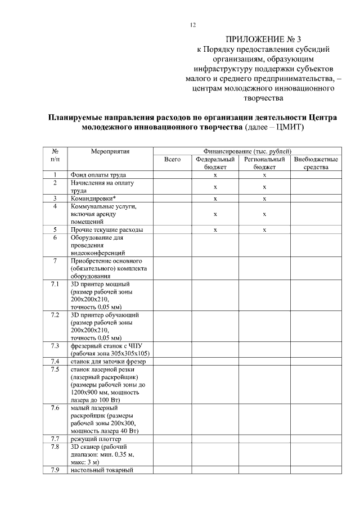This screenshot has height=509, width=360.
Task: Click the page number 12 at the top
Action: [x=192, y=25]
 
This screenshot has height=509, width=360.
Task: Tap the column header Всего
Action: [x=172, y=160]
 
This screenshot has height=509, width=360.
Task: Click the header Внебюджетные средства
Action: [x=316, y=163]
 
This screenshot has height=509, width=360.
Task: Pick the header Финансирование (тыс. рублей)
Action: [x=247, y=151]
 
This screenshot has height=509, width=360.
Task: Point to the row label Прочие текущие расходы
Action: [x=106, y=229]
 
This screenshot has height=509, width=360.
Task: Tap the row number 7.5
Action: [x=55, y=369]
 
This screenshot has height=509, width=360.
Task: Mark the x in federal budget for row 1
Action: [x=215, y=175]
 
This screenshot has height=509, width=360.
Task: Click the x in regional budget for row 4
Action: [x=264, y=214]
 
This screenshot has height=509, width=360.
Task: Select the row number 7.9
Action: [x=55, y=470]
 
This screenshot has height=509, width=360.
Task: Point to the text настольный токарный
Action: [x=101, y=470]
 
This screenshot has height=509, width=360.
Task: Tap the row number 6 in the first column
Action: [x=55, y=237]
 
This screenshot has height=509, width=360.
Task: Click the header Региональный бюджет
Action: [x=264, y=163]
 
